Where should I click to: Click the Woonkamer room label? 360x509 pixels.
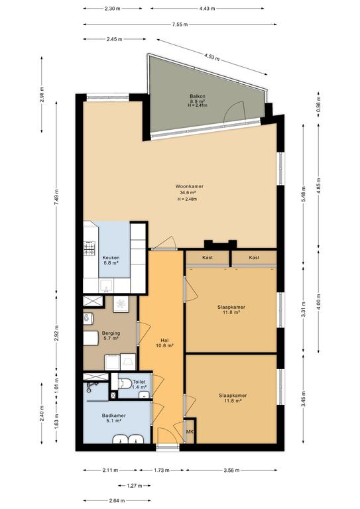[189, 186]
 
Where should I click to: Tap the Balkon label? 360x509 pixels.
[198, 96]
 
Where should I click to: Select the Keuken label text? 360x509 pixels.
[111, 258]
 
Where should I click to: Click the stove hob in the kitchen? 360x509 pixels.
[90, 248]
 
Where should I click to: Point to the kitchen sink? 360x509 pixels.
[106, 286]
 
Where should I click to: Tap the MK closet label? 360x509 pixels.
[190, 431]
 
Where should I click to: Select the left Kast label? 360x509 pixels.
[208, 257]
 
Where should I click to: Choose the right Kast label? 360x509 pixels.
[254, 257]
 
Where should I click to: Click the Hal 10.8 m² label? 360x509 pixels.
[164, 343]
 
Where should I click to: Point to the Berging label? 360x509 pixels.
[111, 333]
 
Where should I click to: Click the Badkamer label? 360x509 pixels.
[113, 416]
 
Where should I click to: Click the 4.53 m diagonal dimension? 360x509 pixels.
[211, 57]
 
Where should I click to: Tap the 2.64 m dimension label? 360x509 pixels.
[117, 500]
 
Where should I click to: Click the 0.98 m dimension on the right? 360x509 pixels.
[318, 103]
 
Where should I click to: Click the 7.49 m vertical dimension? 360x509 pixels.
[56, 197]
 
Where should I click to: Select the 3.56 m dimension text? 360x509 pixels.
[231, 470]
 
